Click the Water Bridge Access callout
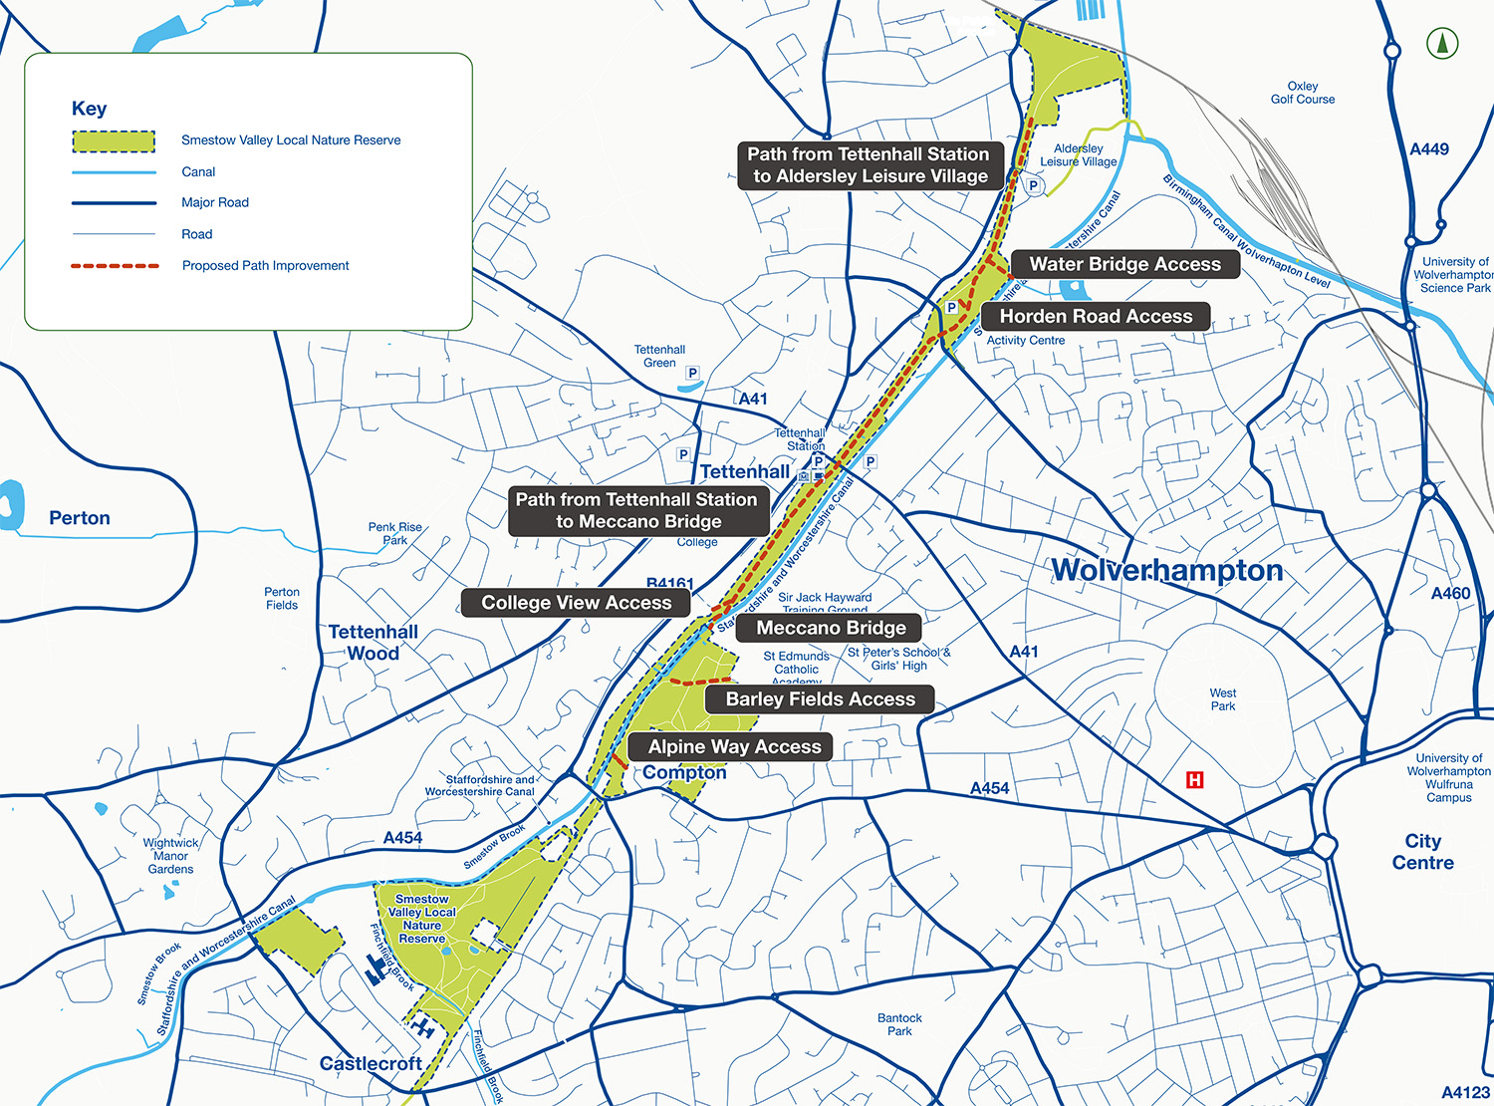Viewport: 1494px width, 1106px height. [1124, 264]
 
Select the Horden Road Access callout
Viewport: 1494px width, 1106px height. [1096, 316]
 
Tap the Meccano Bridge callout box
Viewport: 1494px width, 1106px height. [831, 628]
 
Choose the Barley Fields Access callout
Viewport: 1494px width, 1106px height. [820, 698]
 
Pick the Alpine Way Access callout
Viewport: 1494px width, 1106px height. [734, 746]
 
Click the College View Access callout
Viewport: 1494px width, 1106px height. [576, 602]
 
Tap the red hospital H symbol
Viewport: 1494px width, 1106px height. [1194, 780]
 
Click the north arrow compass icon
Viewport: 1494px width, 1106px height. [1442, 43]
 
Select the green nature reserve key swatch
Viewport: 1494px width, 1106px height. [114, 141]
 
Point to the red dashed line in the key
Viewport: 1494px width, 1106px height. [115, 266]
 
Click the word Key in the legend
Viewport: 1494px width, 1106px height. [89, 109]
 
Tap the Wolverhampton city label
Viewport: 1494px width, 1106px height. [1167, 570]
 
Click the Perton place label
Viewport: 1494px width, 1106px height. [80, 518]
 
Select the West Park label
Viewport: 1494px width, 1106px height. [1223, 699]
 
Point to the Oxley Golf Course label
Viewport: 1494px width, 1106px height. [1303, 93]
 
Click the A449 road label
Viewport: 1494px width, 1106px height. [1429, 149]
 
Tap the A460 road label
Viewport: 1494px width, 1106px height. [1450, 594]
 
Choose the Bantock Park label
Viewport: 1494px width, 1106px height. [899, 1024]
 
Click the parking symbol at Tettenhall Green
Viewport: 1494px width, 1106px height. [692, 373]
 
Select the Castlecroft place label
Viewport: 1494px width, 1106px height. [371, 1063]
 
